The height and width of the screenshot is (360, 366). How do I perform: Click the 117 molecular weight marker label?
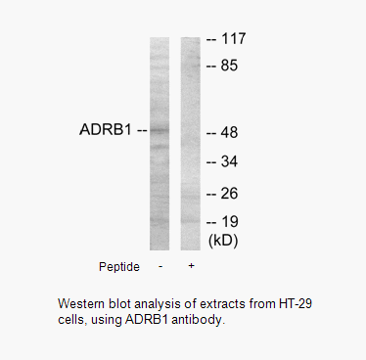pyautogui.click(x=234, y=39)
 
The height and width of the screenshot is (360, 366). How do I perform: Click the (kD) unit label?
pyautogui.click(x=222, y=239)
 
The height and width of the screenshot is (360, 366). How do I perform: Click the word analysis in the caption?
pyautogui.click(x=148, y=301)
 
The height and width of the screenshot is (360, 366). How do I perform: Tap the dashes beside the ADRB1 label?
pyautogui.click(x=141, y=129)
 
